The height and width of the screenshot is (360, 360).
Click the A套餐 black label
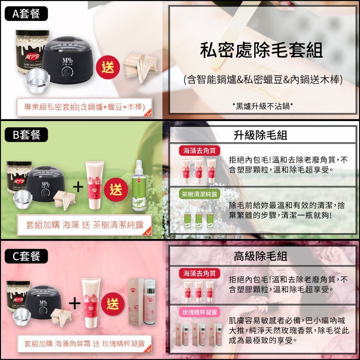(x=26, y=13)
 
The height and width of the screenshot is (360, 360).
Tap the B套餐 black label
(x=26, y=135)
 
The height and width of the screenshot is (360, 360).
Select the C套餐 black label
(x=26, y=256)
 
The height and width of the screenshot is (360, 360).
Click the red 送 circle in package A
(x=108, y=67)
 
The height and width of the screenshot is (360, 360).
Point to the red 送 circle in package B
(x=116, y=189)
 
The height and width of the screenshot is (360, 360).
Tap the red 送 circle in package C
(x=113, y=304)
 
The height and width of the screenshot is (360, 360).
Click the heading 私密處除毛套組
(x=261, y=50)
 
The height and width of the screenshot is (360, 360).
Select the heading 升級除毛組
(x=261, y=135)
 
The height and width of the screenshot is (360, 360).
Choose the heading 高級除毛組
(x=261, y=256)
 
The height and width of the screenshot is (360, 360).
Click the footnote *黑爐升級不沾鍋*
(x=263, y=106)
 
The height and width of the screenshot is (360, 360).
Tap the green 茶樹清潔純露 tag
(x=199, y=194)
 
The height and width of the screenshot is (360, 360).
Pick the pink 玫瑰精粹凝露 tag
(x=199, y=312)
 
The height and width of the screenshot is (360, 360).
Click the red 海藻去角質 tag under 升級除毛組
(x=199, y=151)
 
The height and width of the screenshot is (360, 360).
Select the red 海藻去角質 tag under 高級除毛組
(x=199, y=273)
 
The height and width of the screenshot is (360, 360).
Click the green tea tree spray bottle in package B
(x=139, y=185)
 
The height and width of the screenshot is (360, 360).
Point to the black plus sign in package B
(x=78, y=187)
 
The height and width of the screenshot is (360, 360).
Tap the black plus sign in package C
(x=75, y=303)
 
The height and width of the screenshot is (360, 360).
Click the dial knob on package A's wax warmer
(x=67, y=73)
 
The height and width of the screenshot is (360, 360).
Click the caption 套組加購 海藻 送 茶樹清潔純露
(x=85, y=225)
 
